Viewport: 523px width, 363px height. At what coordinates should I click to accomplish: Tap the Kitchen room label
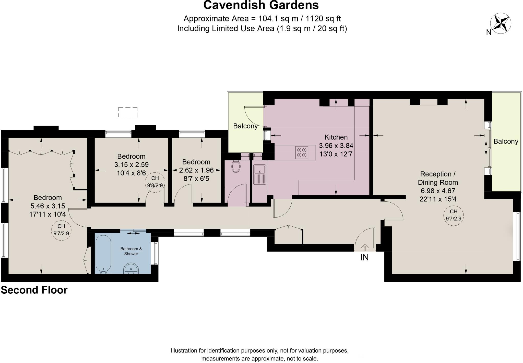[x=336, y=137]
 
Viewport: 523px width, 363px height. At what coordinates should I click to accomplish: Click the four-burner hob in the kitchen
[x=301, y=152]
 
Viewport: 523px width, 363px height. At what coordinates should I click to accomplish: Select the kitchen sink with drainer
[x=260, y=174]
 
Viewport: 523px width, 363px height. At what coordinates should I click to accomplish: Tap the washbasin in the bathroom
[x=131, y=269]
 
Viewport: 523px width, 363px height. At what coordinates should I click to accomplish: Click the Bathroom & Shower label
[x=131, y=251]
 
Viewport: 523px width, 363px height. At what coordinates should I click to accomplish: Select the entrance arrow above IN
[x=364, y=248]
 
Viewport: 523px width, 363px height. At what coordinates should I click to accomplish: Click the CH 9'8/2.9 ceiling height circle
[x=155, y=182]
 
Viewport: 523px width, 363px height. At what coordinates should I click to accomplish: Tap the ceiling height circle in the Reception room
[x=453, y=215]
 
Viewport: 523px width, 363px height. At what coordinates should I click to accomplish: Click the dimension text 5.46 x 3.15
[x=48, y=206]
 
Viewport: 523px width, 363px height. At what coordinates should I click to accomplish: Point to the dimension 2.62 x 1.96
[x=196, y=170]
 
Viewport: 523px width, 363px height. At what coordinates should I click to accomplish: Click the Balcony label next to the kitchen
[x=245, y=126]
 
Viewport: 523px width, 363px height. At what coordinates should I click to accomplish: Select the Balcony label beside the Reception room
[x=506, y=141]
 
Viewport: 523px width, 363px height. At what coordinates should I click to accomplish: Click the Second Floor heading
[x=34, y=290]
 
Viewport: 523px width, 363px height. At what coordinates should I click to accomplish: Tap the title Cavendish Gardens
[x=261, y=5]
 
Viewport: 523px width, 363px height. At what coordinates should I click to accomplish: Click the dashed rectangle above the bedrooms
[x=128, y=112]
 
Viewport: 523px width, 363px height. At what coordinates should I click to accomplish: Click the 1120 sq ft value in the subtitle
[x=323, y=19]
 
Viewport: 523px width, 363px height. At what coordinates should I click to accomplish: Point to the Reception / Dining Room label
[x=438, y=178]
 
